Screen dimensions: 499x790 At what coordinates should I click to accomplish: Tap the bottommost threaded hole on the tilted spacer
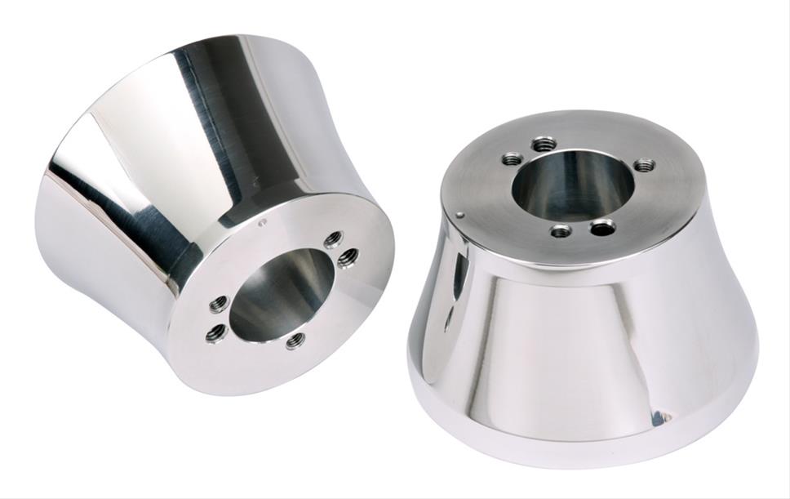295,340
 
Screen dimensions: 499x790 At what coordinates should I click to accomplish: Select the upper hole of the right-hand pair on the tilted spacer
332,240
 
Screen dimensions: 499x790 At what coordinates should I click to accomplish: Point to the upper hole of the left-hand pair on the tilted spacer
218,305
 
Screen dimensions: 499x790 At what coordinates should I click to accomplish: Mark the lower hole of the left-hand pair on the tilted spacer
215,332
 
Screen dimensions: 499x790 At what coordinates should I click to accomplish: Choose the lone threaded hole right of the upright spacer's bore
644,165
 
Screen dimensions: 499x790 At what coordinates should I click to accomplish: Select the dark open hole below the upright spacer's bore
603,227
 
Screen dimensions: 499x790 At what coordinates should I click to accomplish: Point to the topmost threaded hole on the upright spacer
544,145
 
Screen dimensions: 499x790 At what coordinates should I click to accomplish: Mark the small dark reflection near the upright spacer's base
658,417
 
